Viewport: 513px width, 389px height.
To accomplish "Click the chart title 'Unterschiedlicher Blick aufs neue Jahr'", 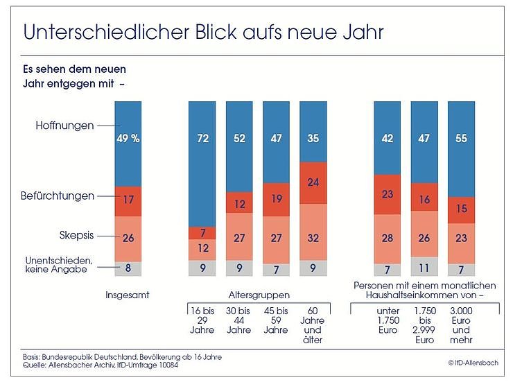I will click(x=202, y=33).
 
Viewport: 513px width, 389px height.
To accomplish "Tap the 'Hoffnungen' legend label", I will click(x=64, y=126).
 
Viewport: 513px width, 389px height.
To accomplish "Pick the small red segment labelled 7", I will click(x=202, y=233).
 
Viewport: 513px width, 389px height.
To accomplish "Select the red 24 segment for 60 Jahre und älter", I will click(x=313, y=183).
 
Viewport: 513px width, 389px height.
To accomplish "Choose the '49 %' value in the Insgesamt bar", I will click(x=128, y=139).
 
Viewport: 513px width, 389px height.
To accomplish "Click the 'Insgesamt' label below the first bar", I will click(x=128, y=295).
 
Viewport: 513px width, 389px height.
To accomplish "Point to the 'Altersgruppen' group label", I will click(x=257, y=295).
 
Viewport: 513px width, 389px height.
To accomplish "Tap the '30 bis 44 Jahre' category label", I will click(x=238, y=320).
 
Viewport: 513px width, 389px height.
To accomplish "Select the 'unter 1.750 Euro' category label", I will click(x=388, y=320).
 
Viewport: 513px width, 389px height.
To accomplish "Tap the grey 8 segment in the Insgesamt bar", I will click(x=128, y=268).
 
